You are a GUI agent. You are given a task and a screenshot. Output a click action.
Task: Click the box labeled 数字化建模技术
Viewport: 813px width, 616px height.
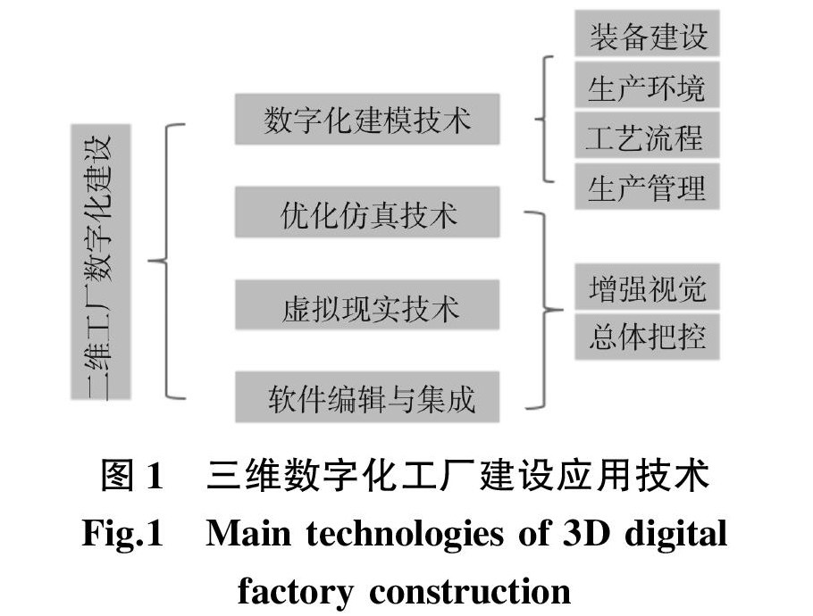coord(366,120)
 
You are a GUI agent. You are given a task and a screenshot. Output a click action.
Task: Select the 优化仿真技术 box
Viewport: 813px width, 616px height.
coord(366,215)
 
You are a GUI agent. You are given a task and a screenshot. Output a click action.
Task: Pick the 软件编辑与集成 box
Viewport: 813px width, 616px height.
coord(366,398)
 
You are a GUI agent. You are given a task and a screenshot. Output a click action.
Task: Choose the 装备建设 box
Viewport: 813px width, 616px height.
coord(647,37)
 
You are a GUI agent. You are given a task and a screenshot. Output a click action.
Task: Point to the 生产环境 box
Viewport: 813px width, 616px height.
coord(647,87)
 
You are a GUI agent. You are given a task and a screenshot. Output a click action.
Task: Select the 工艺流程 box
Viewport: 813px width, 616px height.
coord(647,137)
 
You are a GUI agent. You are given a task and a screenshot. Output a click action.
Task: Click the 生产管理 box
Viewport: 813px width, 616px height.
coord(647,187)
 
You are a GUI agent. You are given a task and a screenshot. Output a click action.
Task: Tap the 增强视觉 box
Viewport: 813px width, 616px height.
coord(647,288)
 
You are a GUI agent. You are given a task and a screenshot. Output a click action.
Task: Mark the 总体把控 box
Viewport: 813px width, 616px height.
coord(647,336)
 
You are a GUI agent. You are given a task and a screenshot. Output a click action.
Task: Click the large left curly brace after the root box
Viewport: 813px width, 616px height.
coord(165,261)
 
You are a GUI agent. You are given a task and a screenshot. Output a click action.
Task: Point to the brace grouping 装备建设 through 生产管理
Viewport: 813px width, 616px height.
coord(544,118)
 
